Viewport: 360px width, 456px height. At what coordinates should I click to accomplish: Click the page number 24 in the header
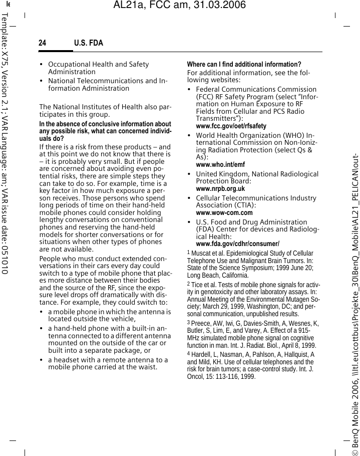point(43,43)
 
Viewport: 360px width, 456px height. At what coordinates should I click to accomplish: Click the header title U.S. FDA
point(89,43)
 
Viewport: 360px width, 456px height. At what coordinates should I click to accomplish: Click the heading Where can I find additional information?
point(244,65)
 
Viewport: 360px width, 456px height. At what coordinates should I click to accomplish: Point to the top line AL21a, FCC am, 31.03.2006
point(180,6)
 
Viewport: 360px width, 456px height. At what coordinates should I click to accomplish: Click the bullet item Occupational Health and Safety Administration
point(99,68)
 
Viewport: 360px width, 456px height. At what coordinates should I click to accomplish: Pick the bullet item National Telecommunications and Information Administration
point(108,84)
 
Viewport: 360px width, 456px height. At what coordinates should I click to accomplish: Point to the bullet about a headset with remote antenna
point(108,363)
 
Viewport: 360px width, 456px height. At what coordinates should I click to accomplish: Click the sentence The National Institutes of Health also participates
point(105,110)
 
